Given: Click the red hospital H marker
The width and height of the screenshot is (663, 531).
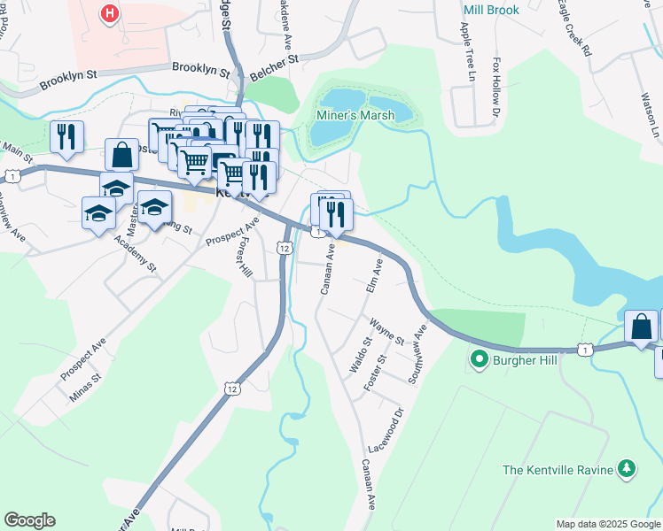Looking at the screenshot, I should (x=110, y=14).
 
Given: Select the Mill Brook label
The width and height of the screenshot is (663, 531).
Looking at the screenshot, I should (x=489, y=10).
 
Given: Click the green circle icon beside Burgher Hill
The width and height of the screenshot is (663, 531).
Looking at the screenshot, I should (x=480, y=359).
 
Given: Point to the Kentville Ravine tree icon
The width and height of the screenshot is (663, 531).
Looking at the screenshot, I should (x=627, y=468).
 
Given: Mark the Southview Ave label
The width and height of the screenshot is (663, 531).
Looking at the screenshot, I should (x=416, y=353).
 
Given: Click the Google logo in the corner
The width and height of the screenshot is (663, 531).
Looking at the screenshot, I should (x=29, y=520).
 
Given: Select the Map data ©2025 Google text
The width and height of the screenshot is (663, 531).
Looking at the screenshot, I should (x=607, y=524).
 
